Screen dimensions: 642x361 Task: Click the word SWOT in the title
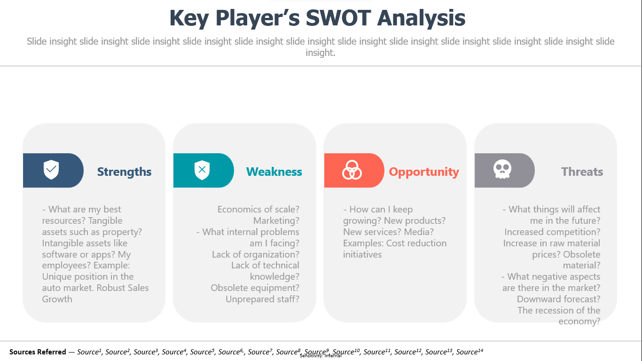[x=338, y=18]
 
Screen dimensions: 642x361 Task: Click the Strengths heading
[x=125, y=172]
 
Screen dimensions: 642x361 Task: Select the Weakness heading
[x=274, y=172]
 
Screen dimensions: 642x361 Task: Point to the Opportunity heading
[x=424, y=172]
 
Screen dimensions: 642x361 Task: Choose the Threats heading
[x=582, y=172]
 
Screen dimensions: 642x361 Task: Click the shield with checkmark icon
[x=51, y=170]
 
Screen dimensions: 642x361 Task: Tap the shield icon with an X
[x=202, y=170]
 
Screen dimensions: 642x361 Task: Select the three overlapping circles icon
[x=352, y=170]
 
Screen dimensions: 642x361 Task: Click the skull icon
[x=502, y=169]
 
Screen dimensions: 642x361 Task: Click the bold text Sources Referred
[x=38, y=352]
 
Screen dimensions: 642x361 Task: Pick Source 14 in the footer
[x=470, y=352]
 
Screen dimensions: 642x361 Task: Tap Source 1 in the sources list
[x=89, y=352]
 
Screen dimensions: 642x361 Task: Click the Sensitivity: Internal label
[x=321, y=356]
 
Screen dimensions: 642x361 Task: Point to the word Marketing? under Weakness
[x=276, y=220]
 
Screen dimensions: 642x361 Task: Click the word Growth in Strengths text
[x=57, y=299]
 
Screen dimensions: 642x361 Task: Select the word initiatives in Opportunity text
[x=362, y=254]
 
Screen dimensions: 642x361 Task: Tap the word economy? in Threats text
[x=579, y=322]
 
